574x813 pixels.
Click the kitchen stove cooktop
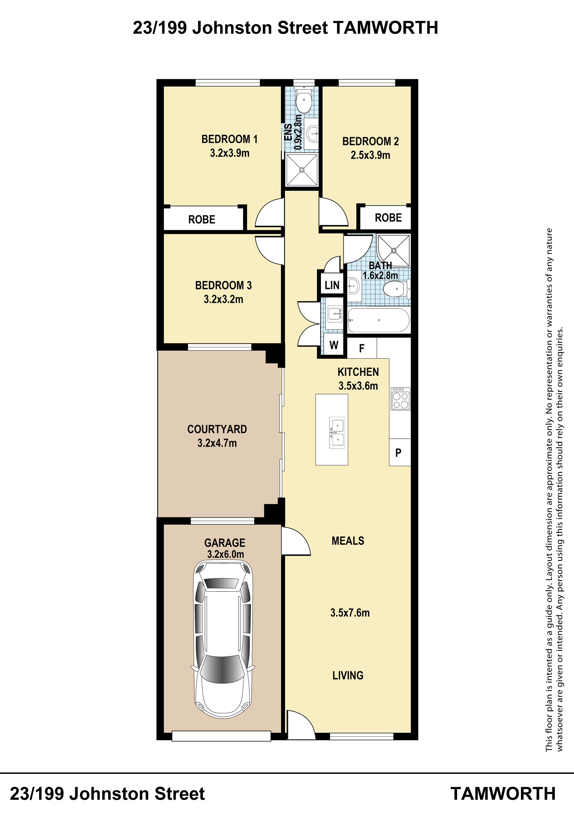401,399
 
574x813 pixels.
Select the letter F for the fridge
362,348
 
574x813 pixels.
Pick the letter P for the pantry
398,453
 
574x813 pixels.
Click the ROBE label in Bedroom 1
202,219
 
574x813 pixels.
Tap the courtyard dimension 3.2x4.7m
217,443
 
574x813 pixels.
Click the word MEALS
348,541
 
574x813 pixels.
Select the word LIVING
348,676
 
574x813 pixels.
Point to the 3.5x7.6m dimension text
350,613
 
